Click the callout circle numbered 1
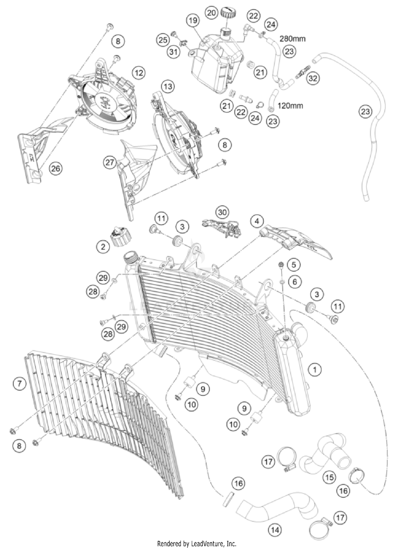click(x=315, y=370)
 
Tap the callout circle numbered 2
click(x=103, y=247)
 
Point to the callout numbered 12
click(x=139, y=73)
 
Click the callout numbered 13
click(x=168, y=86)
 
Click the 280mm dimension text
click(x=292, y=39)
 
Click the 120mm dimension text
click(x=290, y=106)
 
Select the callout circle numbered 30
click(x=222, y=212)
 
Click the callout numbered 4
click(x=257, y=221)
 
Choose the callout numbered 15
click(x=330, y=477)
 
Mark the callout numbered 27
click(x=110, y=162)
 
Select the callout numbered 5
click(x=294, y=265)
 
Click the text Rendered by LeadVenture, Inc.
click(x=197, y=543)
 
